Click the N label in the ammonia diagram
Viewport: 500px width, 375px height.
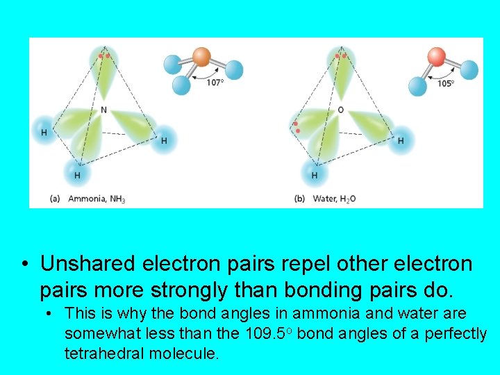[103, 110]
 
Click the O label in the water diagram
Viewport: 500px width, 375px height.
[340, 110]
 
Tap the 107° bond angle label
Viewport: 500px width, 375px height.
[215, 83]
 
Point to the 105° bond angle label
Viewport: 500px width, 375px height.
[445, 83]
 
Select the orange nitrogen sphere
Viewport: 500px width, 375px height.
[201, 56]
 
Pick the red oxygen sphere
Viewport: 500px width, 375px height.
[437, 56]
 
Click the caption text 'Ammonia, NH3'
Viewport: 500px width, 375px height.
[97, 199]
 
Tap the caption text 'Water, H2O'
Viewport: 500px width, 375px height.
[334, 199]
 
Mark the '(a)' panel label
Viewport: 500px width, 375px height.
[56, 199]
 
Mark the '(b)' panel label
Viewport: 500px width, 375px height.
[300, 199]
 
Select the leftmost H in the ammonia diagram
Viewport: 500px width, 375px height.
[44, 132]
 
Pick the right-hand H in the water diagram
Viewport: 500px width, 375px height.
[401, 140]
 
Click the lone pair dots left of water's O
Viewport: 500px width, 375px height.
[297, 127]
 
